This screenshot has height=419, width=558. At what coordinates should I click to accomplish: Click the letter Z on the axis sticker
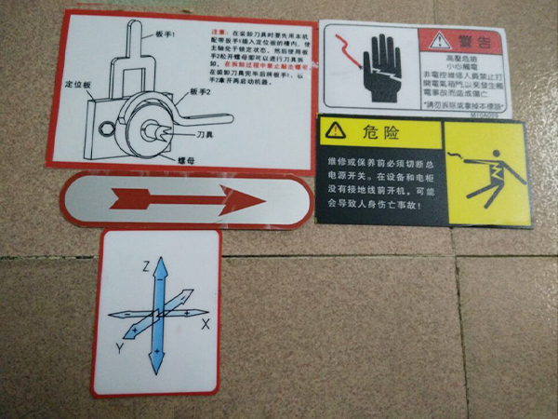(x=145, y=265)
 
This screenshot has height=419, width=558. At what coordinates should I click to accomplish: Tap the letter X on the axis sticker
(x=206, y=323)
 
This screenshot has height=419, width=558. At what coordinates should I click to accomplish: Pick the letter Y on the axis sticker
(x=120, y=347)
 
